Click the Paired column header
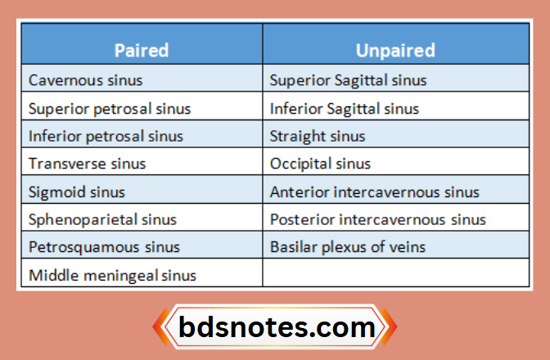click(142, 50)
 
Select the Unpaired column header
click(395, 50)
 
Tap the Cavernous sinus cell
click(85, 80)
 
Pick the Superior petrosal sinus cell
click(109, 108)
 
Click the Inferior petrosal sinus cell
click(106, 136)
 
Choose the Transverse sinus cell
click(87, 164)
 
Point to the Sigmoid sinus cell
click(77, 191)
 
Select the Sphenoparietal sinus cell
click(102, 219)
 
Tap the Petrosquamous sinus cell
click(102, 247)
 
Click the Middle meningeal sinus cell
click(112, 275)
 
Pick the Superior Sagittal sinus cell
click(348, 80)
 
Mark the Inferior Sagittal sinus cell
click(345, 108)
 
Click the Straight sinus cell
click(318, 136)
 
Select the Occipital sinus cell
click(320, 164)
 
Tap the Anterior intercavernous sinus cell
click(375, 191)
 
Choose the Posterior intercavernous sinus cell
click(378, 219)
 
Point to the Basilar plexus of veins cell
click(348, 247)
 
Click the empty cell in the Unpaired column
click(395, 275)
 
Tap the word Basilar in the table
click(291, 247)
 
